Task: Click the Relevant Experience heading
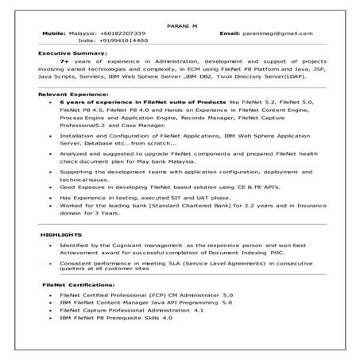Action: [68, 94]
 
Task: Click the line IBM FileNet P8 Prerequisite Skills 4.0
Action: [115, 318]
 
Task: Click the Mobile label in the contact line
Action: [53, 33]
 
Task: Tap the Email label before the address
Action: [229, 33]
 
